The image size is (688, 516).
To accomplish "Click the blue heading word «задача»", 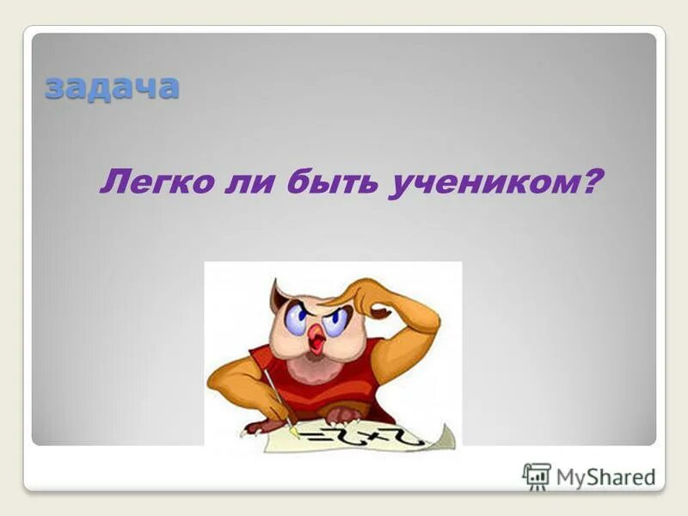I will coord(112,87).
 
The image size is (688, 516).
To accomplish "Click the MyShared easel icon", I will coord(537,476).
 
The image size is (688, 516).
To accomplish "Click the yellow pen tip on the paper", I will coord(295,430).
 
